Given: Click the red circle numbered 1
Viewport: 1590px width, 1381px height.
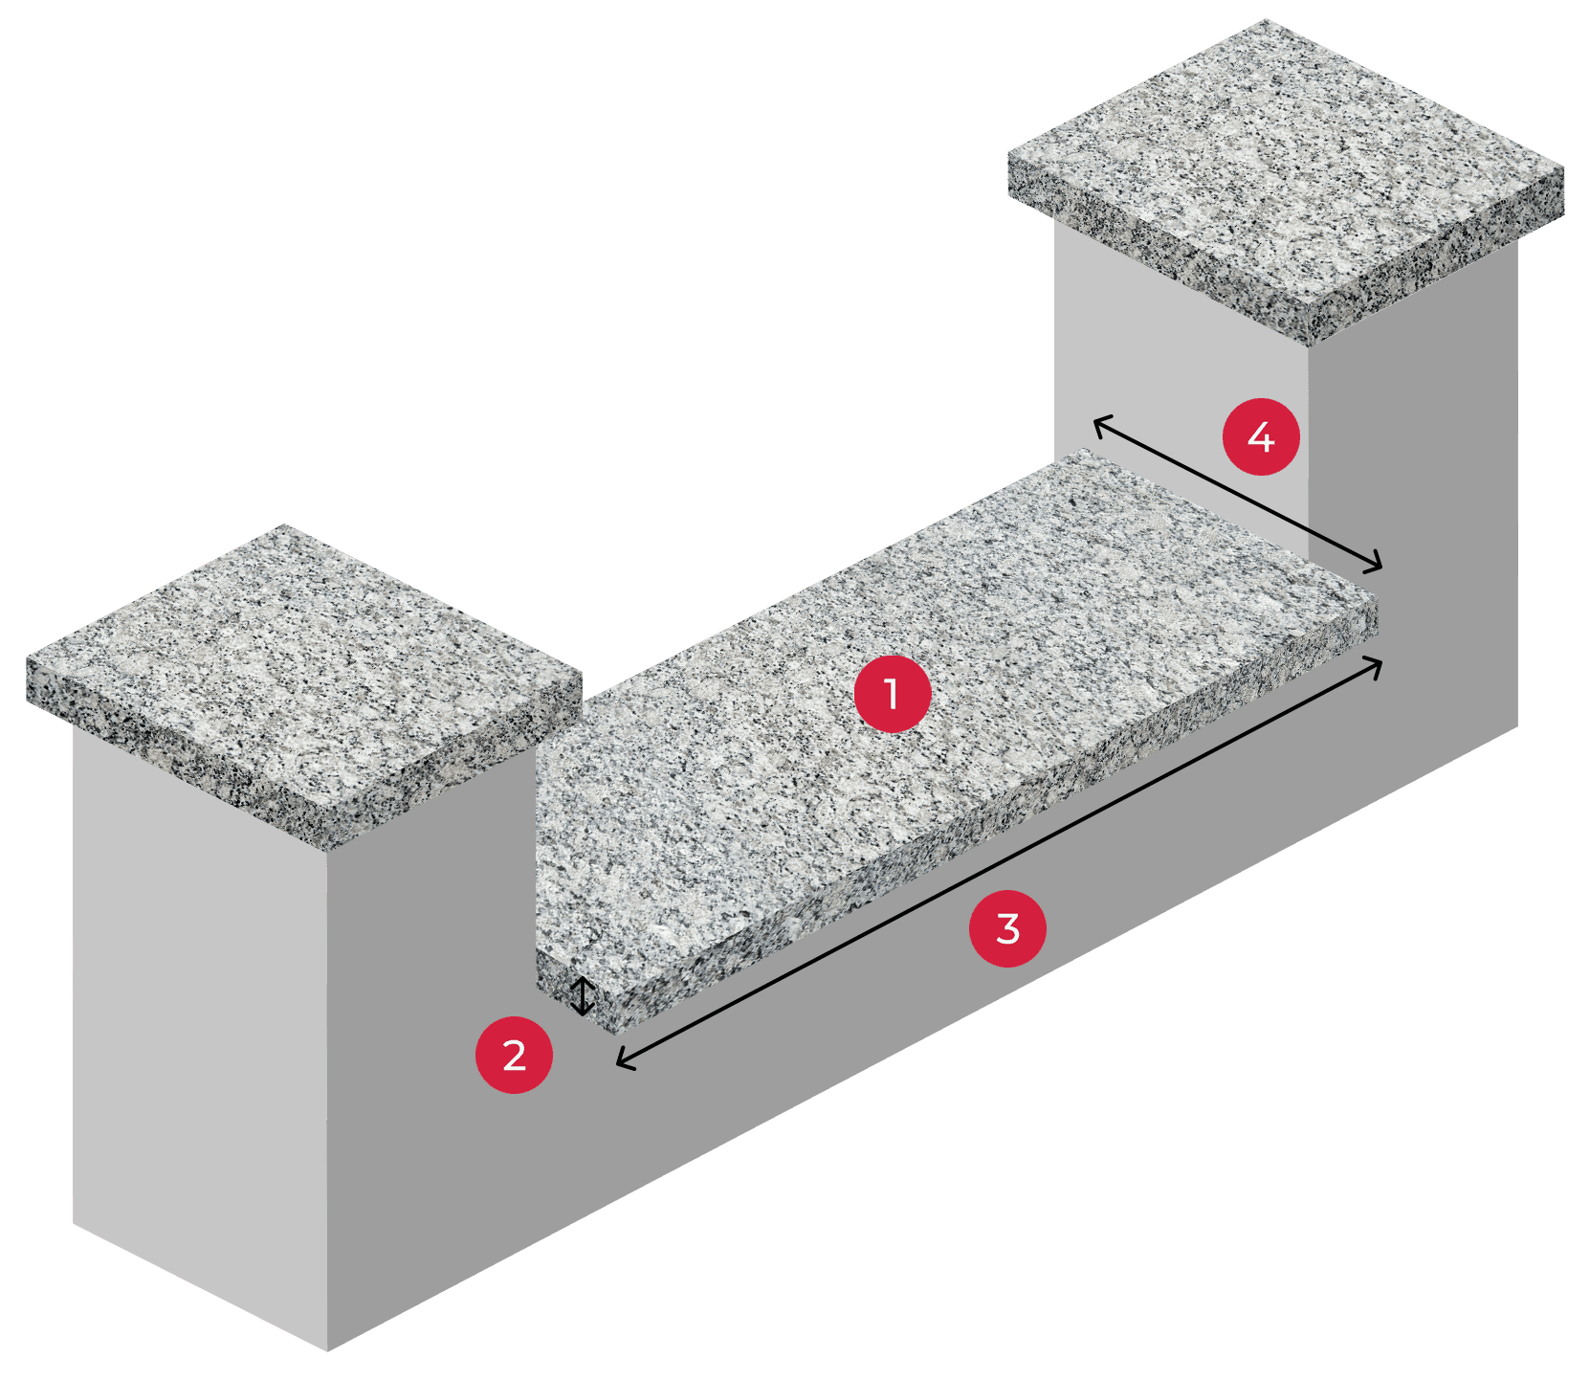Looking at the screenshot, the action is pyautogui.click(x=892, y=694).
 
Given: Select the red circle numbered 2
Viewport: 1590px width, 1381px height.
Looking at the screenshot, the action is pyautogui.click(x=514, y=1055).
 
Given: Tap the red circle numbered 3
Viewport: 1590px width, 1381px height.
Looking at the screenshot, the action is pyautogui.click(x=1007, y=928).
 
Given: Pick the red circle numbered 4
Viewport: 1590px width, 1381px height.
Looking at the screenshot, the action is pyautogui.click(x=1261, y=437).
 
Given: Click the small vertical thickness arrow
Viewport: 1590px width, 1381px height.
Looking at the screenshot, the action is pyautogui.click(x=582, y=996).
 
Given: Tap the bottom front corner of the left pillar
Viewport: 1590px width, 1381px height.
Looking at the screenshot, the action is pyautogui.click(x=328, y=1350).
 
